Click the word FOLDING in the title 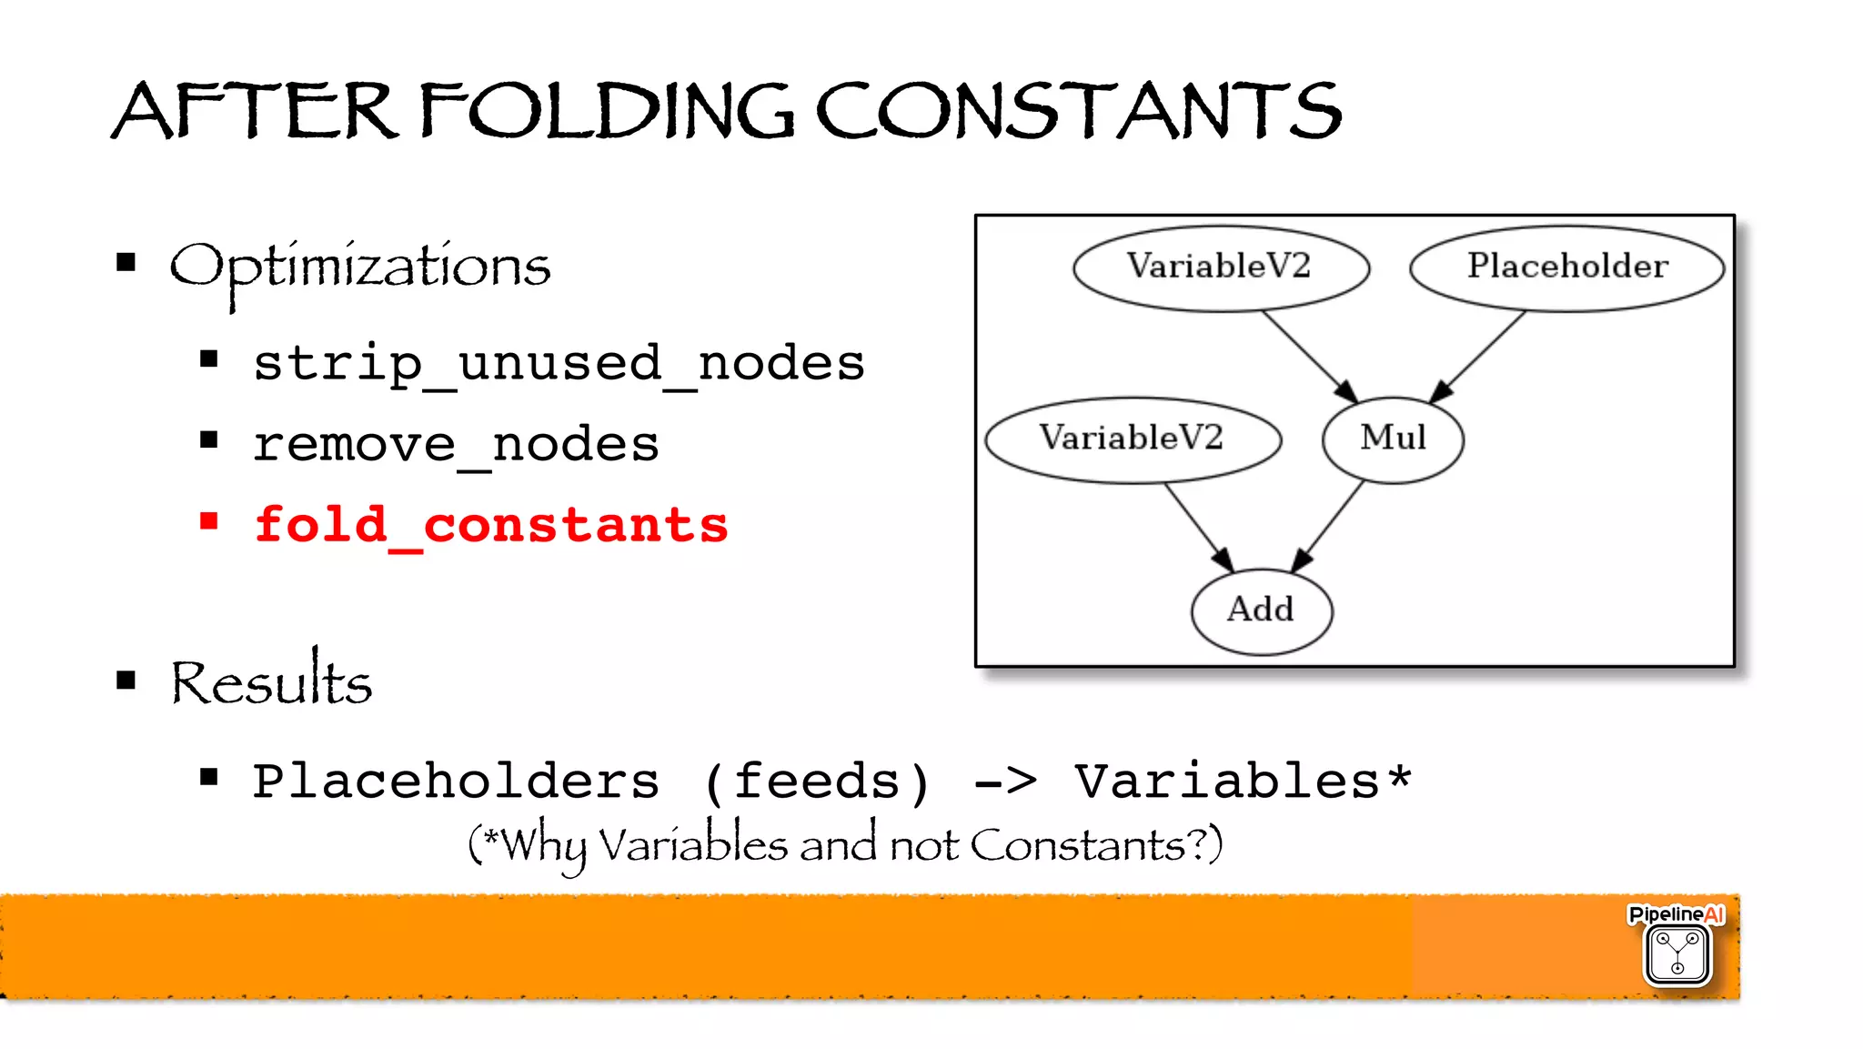(607, 111)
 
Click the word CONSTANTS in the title (1078, 111)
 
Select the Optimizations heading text (360, 267)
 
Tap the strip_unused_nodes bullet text (559, 364)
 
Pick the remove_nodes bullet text (456, 445)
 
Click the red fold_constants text (491, 526)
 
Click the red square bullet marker (209, 521)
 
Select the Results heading (271, 682)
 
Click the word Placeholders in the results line (456, 782)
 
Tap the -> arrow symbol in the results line (1004, 782)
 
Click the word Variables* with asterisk (1243, 782)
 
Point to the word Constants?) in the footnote (1096, 845)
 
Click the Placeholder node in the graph (1566, 267)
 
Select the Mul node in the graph (1393, 439)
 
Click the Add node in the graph (1261, 610)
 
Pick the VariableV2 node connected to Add (1132, 439)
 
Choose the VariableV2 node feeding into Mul (1220, 267)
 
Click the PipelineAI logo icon (1677, 953)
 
